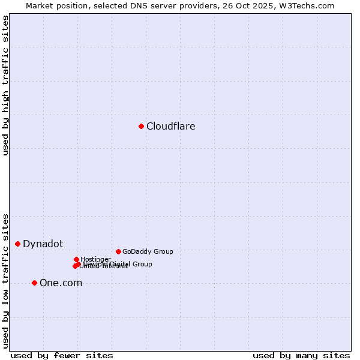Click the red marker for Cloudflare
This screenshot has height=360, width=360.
pos(142,126)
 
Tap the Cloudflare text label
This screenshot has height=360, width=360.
pos(171,126)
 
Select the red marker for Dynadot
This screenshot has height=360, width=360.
pos(18,244)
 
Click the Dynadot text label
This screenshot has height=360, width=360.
pos(43,244)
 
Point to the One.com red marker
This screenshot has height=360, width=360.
pos(34,283)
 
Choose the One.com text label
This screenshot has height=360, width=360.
pos(61,283)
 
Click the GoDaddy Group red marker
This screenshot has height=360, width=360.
pos(118,251)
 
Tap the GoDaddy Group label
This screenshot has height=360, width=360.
pos(148,251)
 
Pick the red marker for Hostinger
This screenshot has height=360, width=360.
pos(76,259)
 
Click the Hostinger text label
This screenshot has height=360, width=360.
pos(95,259)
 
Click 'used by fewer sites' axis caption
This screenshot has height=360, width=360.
pos(62,355)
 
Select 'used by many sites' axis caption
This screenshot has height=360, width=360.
pos(301,355)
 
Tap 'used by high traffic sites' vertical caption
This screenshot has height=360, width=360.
pos(5,86)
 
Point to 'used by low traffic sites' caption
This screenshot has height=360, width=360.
pos(5,281)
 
